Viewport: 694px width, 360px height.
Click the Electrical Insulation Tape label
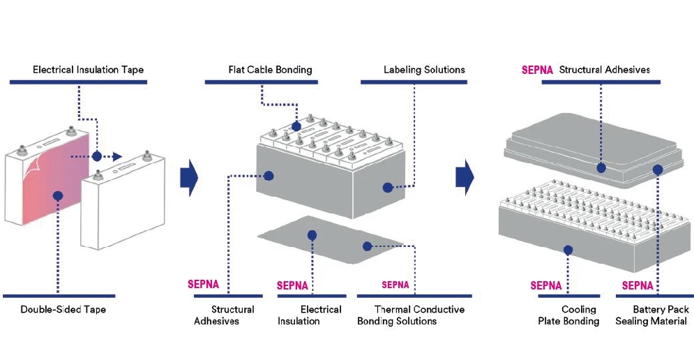click(88, 70)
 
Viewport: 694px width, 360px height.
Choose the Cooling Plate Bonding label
click(568, 315)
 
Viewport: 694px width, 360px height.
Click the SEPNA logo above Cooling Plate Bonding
click(546, 285)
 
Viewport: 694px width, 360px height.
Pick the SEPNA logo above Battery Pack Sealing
click(637, 285)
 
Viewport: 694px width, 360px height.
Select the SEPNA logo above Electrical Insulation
click(292, 285)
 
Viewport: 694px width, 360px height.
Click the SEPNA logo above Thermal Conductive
click(395, 285)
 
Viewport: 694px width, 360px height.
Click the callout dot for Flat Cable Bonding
click(296, 126)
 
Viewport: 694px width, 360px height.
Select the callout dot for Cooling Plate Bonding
click(568, 249)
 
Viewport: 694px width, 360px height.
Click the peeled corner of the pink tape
click(33, 168)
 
